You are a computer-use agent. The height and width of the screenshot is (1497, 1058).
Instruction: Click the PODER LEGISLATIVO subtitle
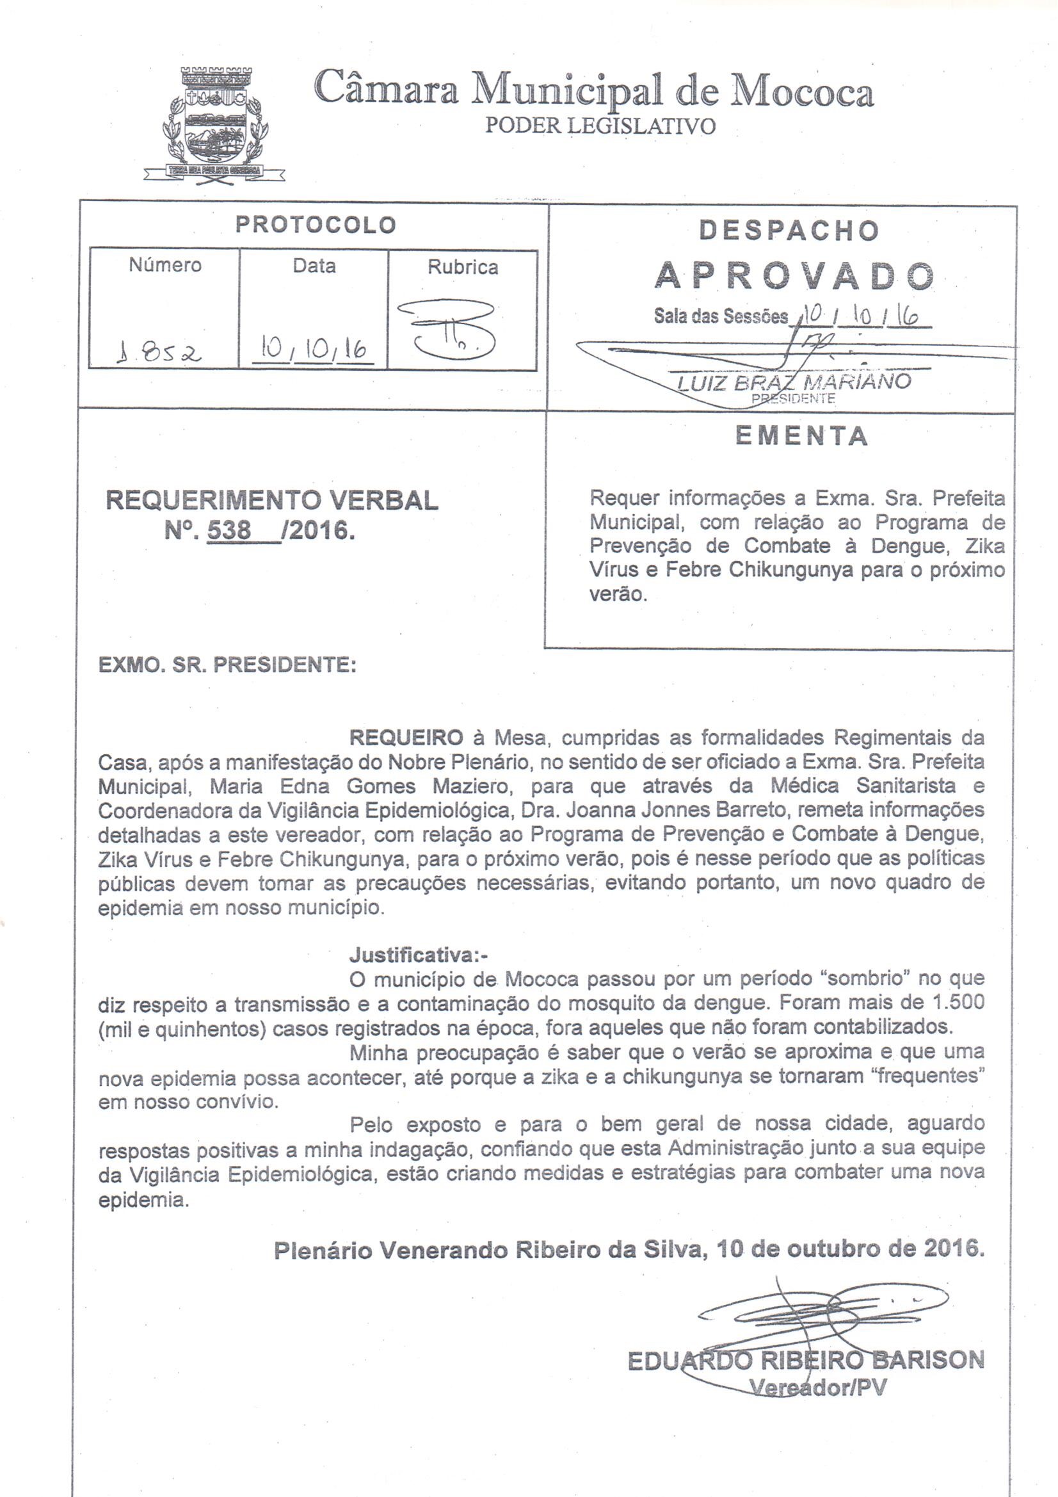click(x=600, y=125)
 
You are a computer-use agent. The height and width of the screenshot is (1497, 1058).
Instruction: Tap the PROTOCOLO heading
click(x=316, y=225)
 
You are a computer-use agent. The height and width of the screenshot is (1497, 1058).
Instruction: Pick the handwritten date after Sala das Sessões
click(x=859, y=316)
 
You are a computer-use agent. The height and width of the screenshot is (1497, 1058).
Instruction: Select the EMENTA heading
click(x=801, y=436)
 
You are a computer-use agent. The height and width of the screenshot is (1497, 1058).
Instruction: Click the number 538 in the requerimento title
click(x=228, y=530)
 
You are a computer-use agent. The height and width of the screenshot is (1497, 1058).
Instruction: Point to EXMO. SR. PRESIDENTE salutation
click(x=227, y=665)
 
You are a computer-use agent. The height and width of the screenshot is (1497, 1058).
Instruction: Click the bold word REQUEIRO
click(x=407, y=738)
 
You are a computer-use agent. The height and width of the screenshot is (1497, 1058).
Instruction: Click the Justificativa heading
click(x=419, y=955)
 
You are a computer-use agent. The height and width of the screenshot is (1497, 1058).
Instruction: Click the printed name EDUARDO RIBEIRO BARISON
click(x=805, y=1361)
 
